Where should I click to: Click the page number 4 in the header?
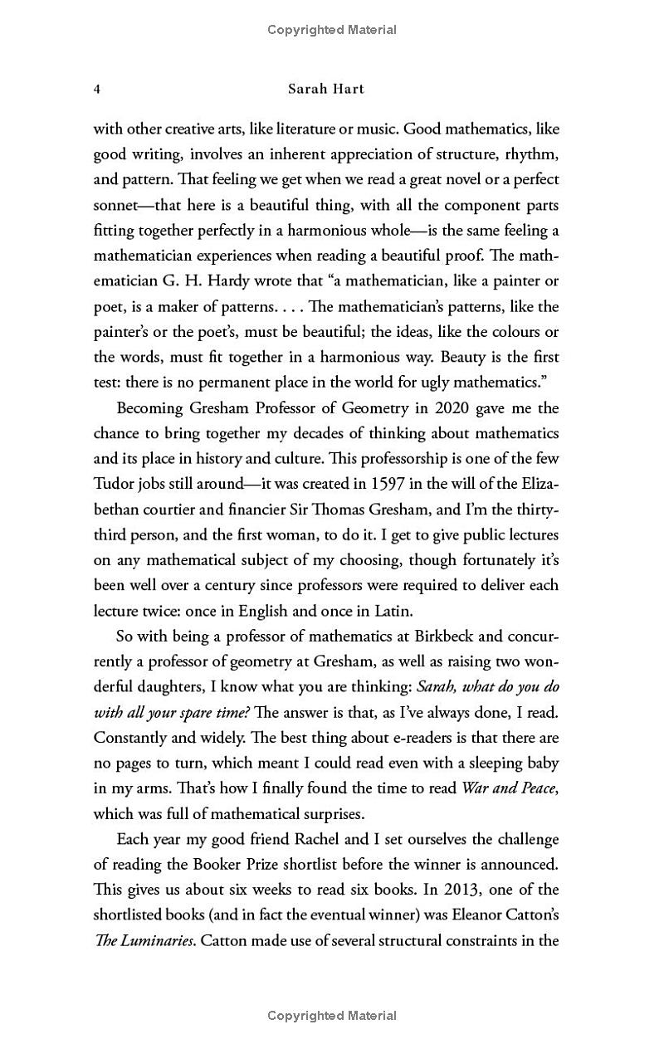(97, 89)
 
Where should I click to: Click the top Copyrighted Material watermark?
(332, 30)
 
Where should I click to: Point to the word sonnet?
(116, 205)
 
